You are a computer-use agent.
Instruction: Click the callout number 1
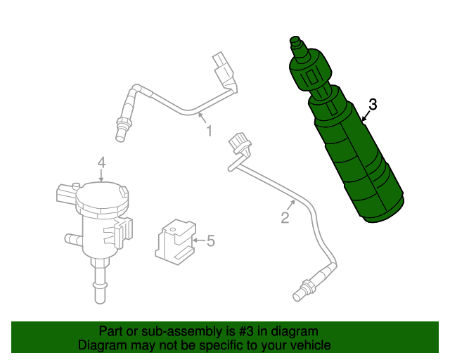[209, 130]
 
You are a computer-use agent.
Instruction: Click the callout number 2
[285, 218]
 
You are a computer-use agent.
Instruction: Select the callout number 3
[373, 105]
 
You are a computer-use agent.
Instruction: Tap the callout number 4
[101, 163]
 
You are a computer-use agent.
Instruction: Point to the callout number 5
[210, 242]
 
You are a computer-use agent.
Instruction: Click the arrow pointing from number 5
[196, 242]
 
